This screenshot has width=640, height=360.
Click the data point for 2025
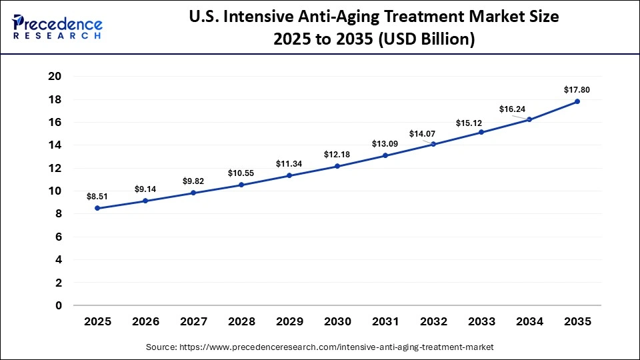tap(97, 208)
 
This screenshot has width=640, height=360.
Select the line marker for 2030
tap(337, 166)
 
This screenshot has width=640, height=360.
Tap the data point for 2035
tap(577, 101)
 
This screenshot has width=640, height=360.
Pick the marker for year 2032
tap(433, 144)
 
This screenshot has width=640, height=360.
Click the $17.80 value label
tap(577, 89)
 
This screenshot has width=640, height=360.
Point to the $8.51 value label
tap(97, 196)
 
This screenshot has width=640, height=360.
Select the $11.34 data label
tap(289, 163)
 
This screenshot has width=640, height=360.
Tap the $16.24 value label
tap(511, 109)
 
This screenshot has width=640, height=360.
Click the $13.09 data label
tap(385, 143)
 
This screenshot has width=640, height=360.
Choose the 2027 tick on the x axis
tap(193, 321)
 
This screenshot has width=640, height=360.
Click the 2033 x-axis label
tap(481, 321)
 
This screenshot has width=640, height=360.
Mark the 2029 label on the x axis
tap(289, 321)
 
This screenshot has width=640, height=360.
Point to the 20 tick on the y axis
tap(55, 76)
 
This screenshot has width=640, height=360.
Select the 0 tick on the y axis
tap(59, 305)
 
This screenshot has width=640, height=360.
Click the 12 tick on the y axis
tap(55, 168)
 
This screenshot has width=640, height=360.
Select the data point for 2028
tap(241, 185)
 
